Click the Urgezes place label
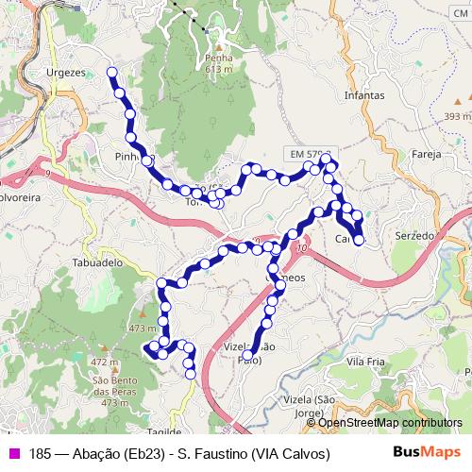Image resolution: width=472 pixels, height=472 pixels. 66,72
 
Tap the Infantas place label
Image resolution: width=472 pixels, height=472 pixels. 365,95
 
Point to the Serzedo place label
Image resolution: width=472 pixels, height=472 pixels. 414,234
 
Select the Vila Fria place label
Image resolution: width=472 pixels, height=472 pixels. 366,362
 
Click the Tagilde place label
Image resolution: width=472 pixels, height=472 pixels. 164,431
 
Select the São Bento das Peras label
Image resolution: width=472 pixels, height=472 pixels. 116,386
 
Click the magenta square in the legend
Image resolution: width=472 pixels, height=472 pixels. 13,454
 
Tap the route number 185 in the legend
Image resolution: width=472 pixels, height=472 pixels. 40,454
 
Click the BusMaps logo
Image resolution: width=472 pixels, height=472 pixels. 426,453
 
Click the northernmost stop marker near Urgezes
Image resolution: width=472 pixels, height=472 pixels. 112,72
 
